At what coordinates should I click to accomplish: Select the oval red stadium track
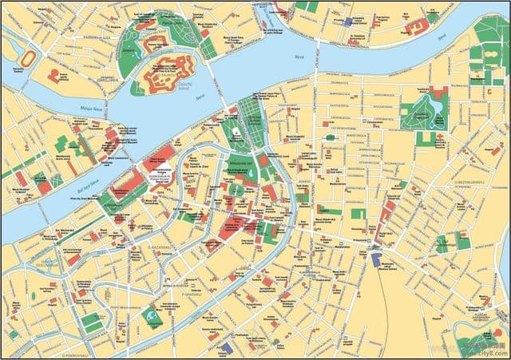pyautogui.click(x=30, y=60)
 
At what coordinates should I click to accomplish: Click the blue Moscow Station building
pyautogui.click(x=376, y=259)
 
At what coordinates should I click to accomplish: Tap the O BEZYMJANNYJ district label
pyautogui.click(x=470, y=182)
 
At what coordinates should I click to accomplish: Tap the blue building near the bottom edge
pyautogui.click(x=228, y=347)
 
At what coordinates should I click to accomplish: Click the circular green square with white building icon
pyautogui.click(x=152, y=318)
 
